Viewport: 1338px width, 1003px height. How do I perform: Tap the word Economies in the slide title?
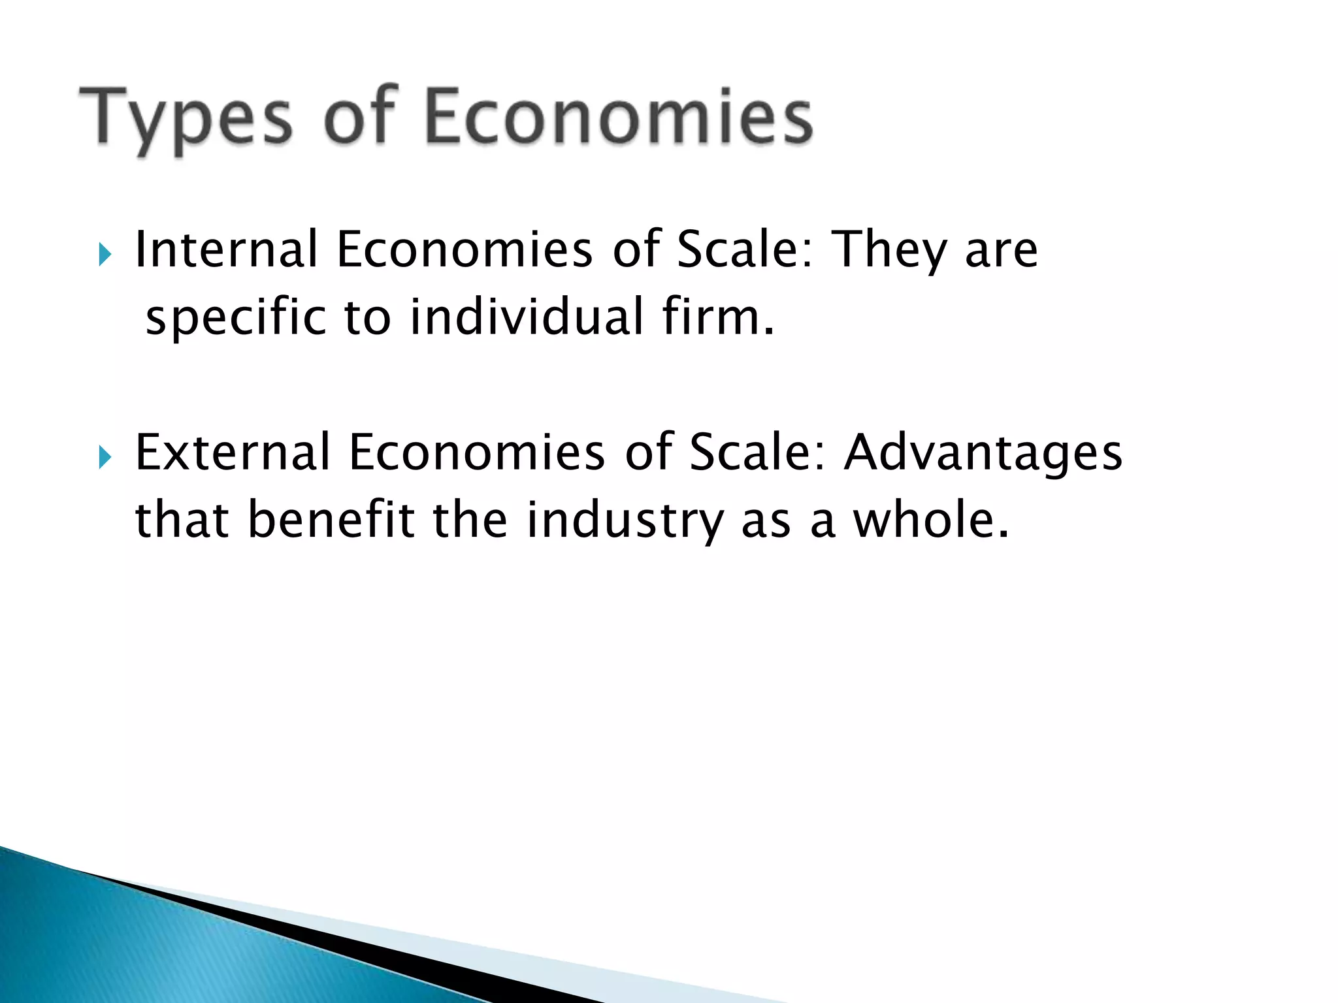(x=619, y=118)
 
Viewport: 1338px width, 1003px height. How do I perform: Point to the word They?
(x=890, y=251)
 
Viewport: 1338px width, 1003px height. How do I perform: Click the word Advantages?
(x=983, y=454)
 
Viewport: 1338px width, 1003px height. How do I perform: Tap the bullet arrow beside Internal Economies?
(x=105, y=254)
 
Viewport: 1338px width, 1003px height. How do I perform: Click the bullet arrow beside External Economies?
(x=105, y=457)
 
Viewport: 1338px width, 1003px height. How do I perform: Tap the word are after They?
(x=1002, y=251)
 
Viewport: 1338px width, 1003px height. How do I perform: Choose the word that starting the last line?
(x=182, y=520)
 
